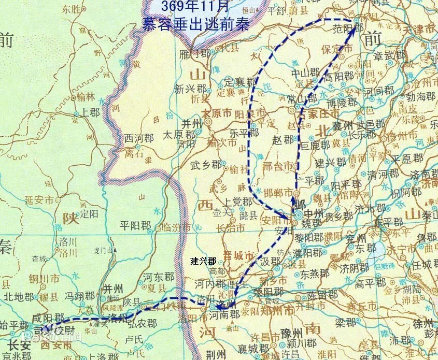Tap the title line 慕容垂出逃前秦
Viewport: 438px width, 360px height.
click(196, 24)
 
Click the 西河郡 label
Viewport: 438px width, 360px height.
click(139, 138)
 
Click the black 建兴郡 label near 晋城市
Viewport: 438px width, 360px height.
click(203, 261)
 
